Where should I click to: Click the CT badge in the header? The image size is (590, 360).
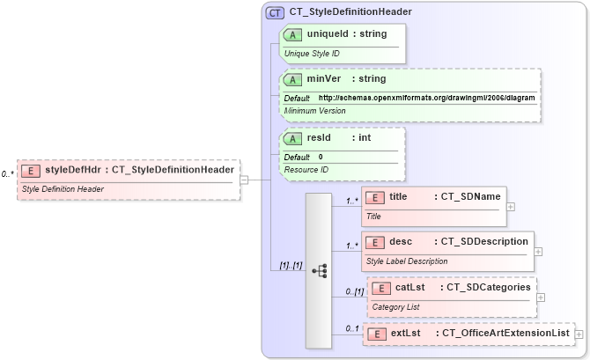click(x=275, y=12)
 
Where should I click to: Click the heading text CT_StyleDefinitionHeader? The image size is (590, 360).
click(x=350, y=12)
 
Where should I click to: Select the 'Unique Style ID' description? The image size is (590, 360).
click(x=312, y=54)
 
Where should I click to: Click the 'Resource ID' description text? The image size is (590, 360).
click(x=306, y=169)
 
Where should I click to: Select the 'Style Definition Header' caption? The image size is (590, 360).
click(x=63, y=188)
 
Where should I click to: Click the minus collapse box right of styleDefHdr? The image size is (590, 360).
click(x=244, y=180)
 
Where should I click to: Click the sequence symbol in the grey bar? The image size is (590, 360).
click(x=319, y=270)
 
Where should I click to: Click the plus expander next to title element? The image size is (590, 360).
click(x=511, y=206)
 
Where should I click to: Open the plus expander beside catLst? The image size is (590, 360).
click(x=541, y=297)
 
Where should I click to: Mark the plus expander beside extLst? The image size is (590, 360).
click(x=579, y=334)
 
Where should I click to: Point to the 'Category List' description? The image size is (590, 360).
click(x=395, y=306)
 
